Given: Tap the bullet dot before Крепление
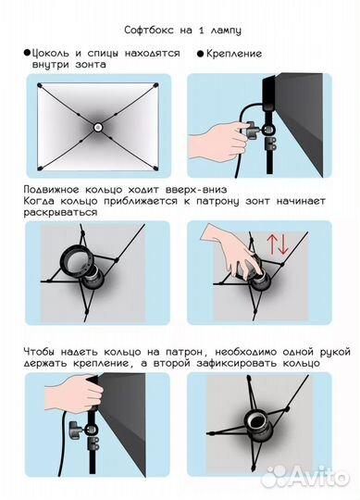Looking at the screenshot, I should pos(199,55).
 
